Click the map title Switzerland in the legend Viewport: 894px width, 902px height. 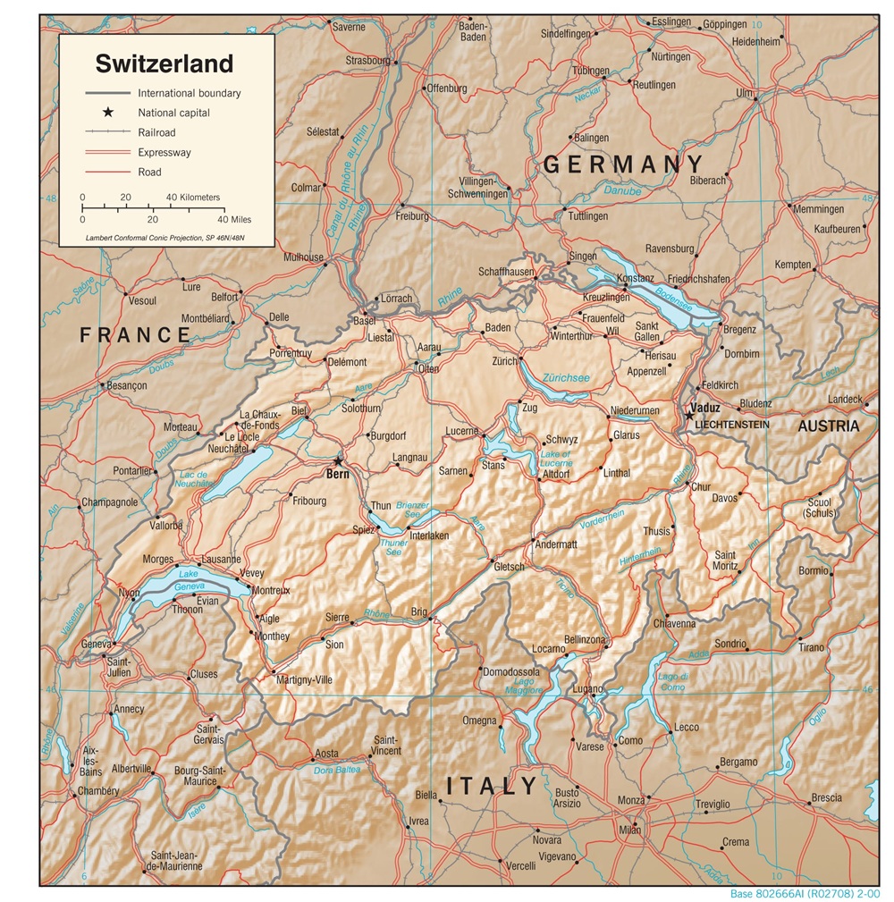[x=164, y=63]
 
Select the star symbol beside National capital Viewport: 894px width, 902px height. [x=108, y=113]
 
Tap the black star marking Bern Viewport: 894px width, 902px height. [x=338, y=461]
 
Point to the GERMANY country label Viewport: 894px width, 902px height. [x=623, y=164]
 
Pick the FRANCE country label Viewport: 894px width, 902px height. [x=135, y=335]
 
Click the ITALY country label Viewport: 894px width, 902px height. [x=492, y=787]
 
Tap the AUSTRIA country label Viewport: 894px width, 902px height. [x=829, y=426]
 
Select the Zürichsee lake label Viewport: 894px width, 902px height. [x=566, y=378]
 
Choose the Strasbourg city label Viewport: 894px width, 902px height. [x=367, y=61]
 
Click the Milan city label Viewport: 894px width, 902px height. [x=629, y=830]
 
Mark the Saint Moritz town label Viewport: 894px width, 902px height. [x=725, y=561]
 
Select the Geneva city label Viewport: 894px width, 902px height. [x=95, y=644]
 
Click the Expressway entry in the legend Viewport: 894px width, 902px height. [x=164, y=152]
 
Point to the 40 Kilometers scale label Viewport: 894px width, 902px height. [x=193, y=197]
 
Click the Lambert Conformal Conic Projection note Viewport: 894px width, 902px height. [x=164, y=238]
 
